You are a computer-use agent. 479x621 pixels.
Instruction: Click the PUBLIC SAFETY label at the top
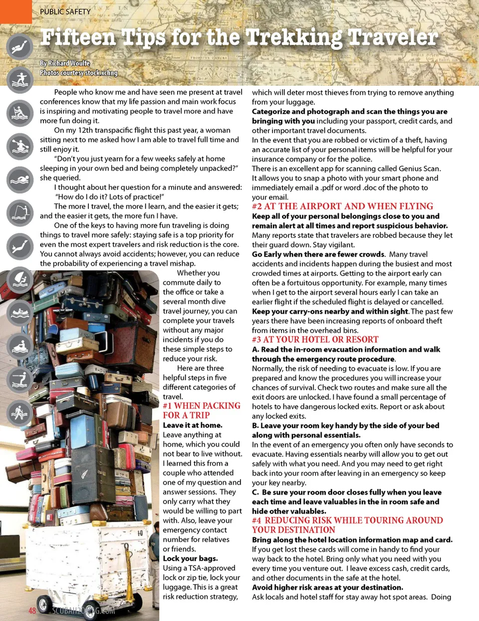65,11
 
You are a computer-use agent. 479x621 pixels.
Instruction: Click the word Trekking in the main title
293,37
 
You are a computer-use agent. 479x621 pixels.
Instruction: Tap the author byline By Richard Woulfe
65,63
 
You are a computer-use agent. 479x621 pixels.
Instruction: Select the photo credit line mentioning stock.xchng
79,73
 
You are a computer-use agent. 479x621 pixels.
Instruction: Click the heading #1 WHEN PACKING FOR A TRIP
202,411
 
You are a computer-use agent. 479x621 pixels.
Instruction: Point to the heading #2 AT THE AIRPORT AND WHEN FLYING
342,207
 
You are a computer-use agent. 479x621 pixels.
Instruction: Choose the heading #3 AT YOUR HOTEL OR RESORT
315,340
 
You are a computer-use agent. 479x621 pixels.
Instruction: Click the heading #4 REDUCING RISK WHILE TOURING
347,525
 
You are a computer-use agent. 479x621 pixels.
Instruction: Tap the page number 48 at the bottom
32,611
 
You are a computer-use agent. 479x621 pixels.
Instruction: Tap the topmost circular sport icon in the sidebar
20,47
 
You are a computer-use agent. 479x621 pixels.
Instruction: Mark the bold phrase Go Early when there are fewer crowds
318,254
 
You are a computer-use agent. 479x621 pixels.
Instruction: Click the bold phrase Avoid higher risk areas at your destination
327,588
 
